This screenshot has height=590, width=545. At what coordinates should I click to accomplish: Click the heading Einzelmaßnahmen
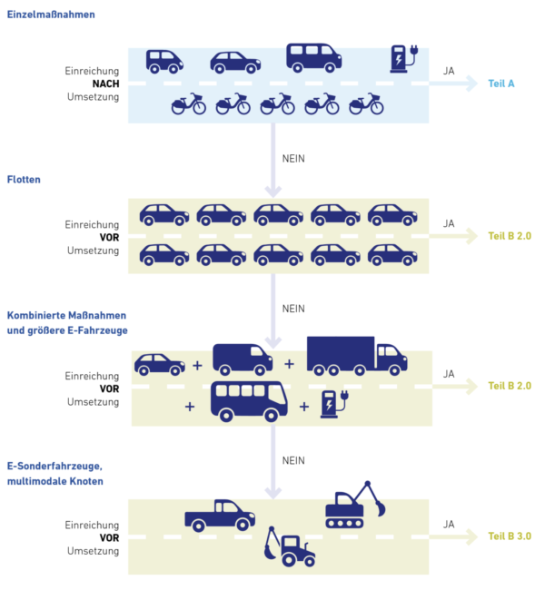pos(51,15)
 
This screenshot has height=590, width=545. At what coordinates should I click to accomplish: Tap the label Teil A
pos(500,84)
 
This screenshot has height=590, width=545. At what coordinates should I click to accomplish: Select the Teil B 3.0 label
pos(509,536)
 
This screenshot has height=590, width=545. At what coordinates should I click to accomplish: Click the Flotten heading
pos(24,180)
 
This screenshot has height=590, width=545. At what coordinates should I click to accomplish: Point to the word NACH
pos(105,84)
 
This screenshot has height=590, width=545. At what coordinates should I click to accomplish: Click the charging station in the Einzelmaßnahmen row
pos(400,58)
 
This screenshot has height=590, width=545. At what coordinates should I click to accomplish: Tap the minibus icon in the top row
pos(313,57)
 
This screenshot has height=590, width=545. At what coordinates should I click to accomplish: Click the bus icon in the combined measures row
pos(248,399)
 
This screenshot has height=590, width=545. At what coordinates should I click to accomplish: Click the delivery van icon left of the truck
pos(242,359)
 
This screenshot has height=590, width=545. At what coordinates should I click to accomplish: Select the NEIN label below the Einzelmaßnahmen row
pos(293,158)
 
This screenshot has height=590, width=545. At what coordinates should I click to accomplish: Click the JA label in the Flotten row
pos(449,223)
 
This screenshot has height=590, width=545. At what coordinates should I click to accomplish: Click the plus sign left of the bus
pos(190,407)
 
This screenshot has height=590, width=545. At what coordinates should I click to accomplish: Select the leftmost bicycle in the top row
pos(188,104)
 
